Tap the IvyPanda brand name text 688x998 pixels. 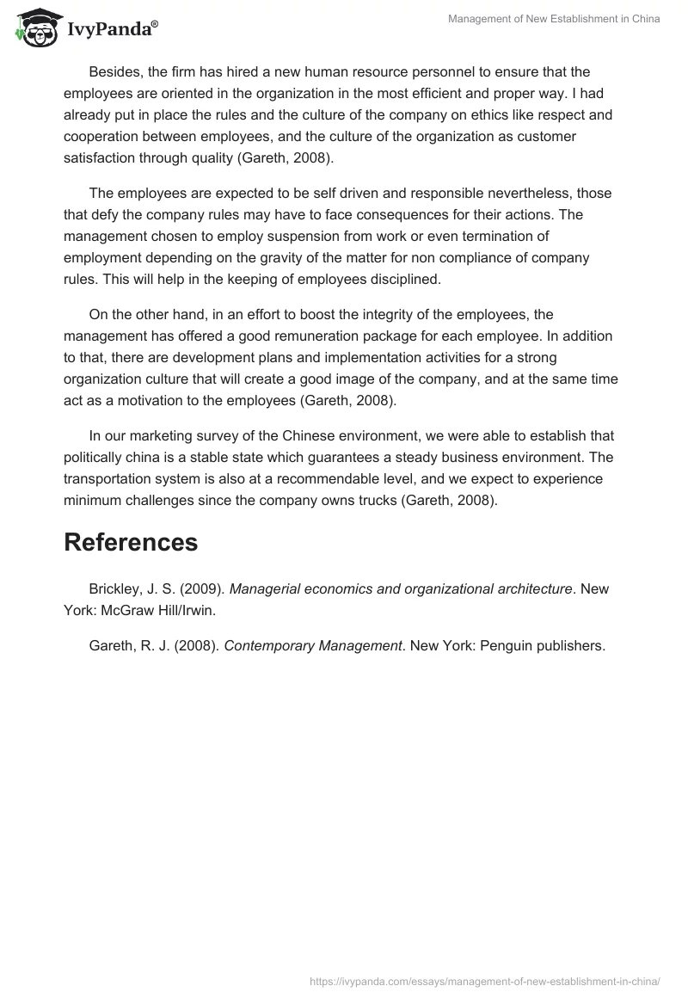pos(112,30)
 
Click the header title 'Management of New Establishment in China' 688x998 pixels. pos(554,19)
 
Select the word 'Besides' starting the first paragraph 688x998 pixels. pos(114,71)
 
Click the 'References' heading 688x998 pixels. pos(131,543)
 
